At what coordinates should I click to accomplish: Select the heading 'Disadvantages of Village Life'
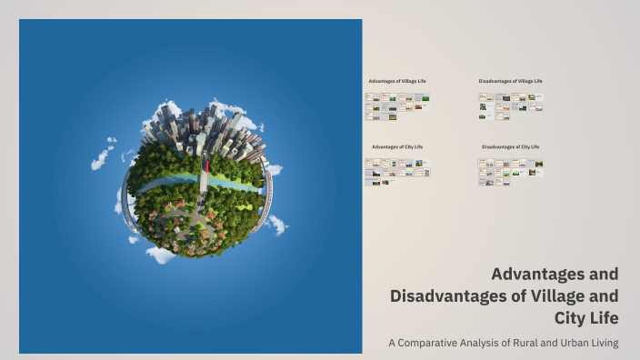(x=510, y=81)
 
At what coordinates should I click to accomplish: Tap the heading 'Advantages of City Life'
(x=397, y=146)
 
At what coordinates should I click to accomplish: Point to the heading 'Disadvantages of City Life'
(x=510, y=146)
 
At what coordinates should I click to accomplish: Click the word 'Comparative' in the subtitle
(x=433, y=343)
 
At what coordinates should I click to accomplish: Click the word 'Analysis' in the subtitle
(x=483, y=343)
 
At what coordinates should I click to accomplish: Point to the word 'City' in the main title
(x=570, y=317)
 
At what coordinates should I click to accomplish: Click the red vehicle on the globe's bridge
(x=206, y=166)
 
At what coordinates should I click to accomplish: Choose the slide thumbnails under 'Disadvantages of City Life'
(x=510, y=171)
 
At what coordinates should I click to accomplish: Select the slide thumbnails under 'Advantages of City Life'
(x=397, y=171)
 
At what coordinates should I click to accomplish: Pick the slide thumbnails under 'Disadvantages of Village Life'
(x=510, y=105)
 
